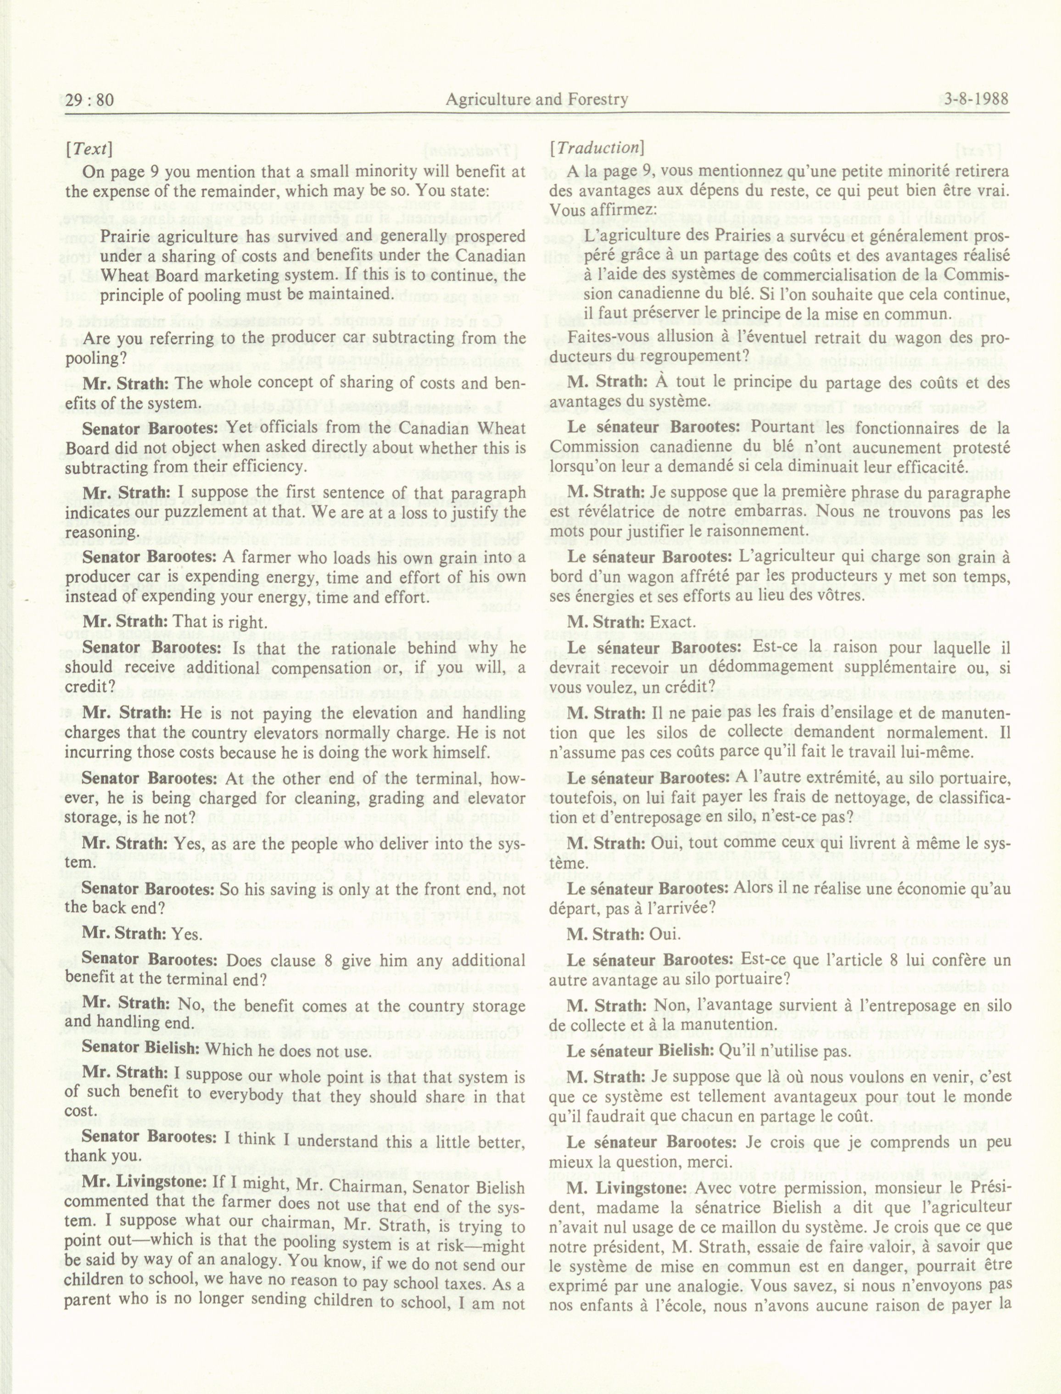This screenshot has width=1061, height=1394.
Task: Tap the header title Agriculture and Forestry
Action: [536, 99]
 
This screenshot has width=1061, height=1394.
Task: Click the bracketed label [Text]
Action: [89, 149]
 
